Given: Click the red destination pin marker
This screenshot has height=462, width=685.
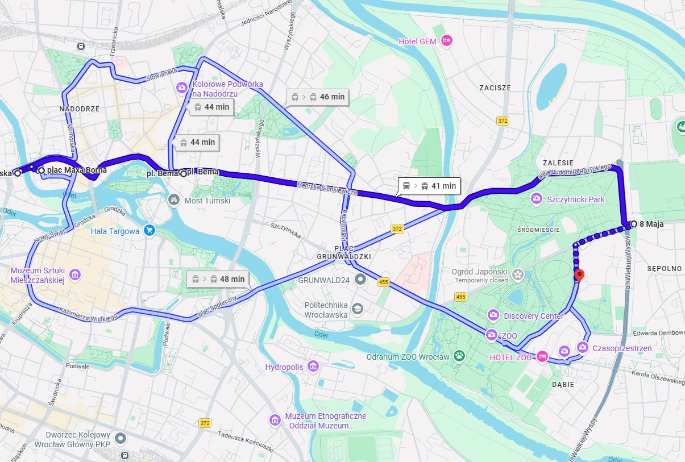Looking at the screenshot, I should pyautogui.click(x=579, y=276).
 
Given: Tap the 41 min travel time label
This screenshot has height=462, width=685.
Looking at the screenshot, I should pyautogui.click(x=428, y=186).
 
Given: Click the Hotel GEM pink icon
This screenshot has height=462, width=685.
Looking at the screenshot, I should pyautogui.click(x=447, y=41).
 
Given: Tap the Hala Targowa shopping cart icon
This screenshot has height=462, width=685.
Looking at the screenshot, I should pyautogui.click(x=150, y=231).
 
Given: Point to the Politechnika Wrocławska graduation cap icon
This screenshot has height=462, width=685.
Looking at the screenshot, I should pyautogui.click(x=358, y=309).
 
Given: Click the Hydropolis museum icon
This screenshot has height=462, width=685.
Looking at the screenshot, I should pyautogui.click(x=313, y=367).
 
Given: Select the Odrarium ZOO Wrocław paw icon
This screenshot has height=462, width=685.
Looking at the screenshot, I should pyautogui.click(x=459, y=356).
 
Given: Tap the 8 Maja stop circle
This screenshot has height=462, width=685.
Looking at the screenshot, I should pyautogui.click(x=633, y=224).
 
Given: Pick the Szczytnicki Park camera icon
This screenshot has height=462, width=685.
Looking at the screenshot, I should pyautogui.click(x=535, y=199).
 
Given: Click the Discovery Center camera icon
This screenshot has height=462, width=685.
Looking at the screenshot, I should pyautogui.click(x=493, y=315).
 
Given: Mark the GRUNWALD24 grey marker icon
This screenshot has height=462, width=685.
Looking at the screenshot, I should pyautogui.click(x=360, y=280).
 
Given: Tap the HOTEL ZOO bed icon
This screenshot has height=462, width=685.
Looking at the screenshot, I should pyautogui.click(x=542, y=357).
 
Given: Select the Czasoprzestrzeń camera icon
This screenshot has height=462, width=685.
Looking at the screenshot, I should pyautogui.click(x=583, y=347).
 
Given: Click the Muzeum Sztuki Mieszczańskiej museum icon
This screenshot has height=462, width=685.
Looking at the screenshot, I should pyautogui.click(x=75, y=275).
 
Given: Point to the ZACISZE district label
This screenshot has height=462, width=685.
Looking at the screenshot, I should pyautogui.click(x=495, y=88).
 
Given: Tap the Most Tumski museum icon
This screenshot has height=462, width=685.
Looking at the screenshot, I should pyautogui.click(x=174, y=200).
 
